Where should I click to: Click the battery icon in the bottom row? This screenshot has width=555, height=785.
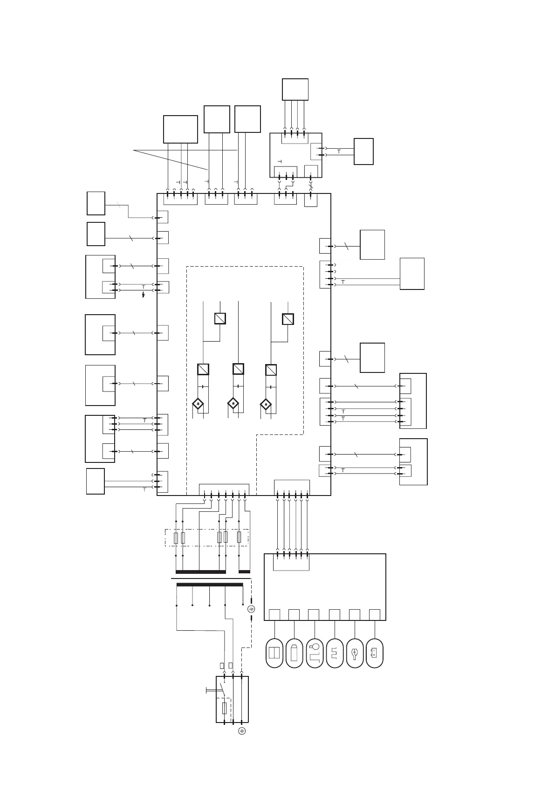click(375, 653)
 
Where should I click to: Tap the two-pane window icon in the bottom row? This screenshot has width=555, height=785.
click(274, 653)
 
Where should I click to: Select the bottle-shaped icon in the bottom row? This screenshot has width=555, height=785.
click(294, 653)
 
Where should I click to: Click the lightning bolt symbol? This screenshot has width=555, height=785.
click(144, 295)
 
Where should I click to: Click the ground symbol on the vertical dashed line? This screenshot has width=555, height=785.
click(252, 609)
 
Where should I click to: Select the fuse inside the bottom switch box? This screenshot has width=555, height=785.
click(225, 709)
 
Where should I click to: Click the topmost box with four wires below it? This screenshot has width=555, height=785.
click(295, 89)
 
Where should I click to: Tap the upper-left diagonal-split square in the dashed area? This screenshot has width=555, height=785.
click(220, 318)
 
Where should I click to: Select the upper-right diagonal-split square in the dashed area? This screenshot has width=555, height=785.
click(288, 319)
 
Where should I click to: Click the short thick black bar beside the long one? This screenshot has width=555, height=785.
click(244, 572)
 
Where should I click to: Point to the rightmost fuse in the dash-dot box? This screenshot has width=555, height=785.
click(240, 537)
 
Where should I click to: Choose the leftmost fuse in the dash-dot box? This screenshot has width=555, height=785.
click(176, 537)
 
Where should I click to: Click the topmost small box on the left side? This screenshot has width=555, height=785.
click(96, 203)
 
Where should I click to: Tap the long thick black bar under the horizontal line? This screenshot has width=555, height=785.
click(210, 584)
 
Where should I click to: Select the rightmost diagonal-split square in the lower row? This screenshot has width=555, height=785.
click(271, 370)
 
